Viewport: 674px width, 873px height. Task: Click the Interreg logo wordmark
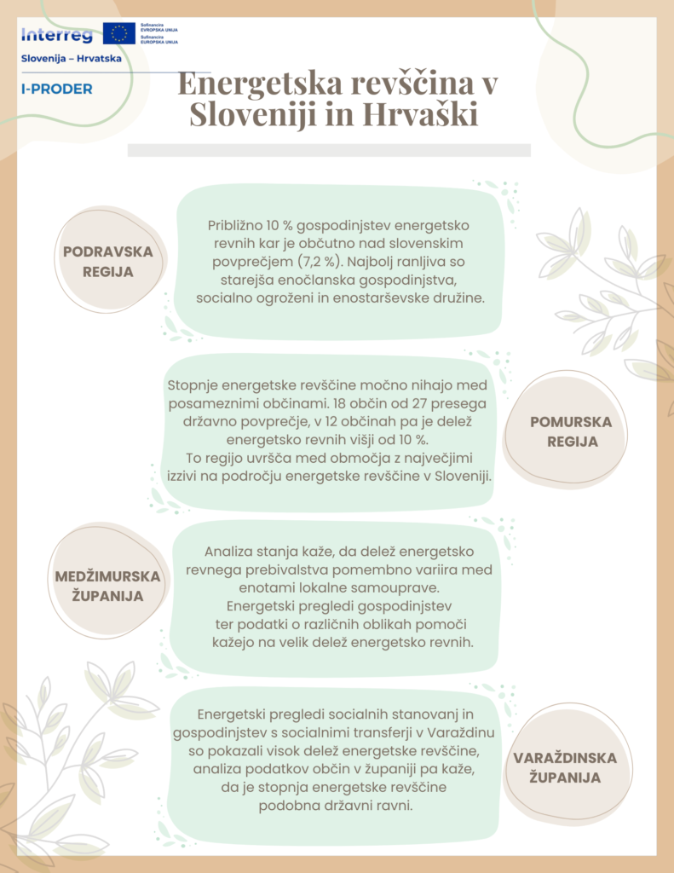(56, 35)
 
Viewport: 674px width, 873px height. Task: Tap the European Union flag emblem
(118, 34)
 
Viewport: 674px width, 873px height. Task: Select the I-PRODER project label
(56, 89)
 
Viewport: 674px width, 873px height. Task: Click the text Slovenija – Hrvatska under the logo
(71, 59)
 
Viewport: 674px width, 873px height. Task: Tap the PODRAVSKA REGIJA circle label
(107, 262)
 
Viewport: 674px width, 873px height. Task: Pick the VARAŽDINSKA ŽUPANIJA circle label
(564, 767)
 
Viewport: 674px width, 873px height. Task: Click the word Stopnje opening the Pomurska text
(193, 385)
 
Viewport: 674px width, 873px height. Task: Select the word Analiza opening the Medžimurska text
(228, 552)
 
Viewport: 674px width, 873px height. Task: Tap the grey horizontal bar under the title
(329, 150)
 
